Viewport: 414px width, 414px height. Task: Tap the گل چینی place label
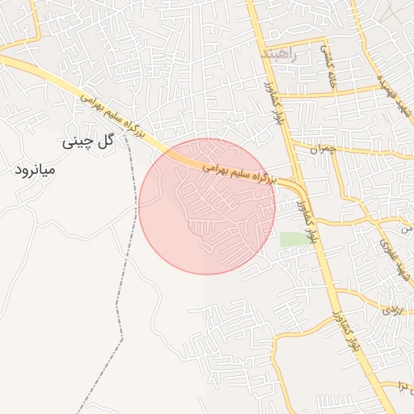click(x=90, y=142)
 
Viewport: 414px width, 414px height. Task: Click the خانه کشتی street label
click(x=331, y=69)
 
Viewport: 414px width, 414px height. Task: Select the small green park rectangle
click(x=294, y=239)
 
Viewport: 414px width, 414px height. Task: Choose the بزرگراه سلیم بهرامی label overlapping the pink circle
click(x=238, y=171)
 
